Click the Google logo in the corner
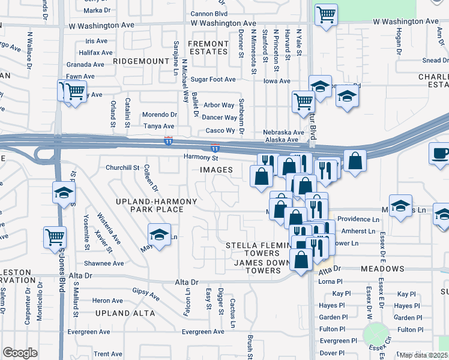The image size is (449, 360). pyautogui.click(x=20, y=353)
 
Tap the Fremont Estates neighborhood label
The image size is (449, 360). pyautogui.click(x=208, y=48)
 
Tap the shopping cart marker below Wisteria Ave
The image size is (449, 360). pyautogui.click(x=55, y=236)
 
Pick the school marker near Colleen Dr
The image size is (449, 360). pyautogui.click(x=159, y=235)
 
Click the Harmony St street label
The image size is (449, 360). pyautogui.click(x=200, y=158)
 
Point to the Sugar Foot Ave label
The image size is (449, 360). pyautogui.click(x=212, y=79)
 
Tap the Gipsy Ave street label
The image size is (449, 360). pyautogui.click(x=146, y=295)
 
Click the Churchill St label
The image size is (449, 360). pyautogui.click(x=122, y=167)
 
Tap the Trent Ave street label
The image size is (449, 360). pyautogui.click(x=108, y=354)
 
